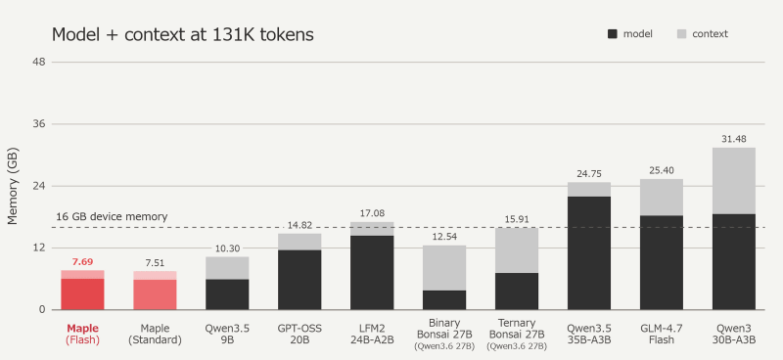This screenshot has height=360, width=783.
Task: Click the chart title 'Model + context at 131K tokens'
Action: tap(183, 34)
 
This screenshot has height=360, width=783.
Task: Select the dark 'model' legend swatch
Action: tap(613, 34)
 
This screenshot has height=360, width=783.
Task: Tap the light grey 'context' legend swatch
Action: tap(681, 34)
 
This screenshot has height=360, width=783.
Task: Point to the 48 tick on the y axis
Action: tap(39, 62)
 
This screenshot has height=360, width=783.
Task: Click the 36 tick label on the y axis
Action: tap(39, 124)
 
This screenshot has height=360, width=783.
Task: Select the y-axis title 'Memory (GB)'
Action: tap(13, 186)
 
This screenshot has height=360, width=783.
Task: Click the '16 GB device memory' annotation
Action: tap(112, 217)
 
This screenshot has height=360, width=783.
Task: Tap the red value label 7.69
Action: tap(82, 261)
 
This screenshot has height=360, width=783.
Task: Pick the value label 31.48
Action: tap(733, 139)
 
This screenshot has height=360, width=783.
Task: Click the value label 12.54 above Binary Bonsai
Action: tap(444, 236)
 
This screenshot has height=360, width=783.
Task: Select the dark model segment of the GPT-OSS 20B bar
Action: tap(299, 280)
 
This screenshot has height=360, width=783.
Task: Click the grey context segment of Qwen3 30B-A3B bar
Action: tap(733, 181)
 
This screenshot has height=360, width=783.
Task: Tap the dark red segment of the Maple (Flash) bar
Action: tap(82, 294)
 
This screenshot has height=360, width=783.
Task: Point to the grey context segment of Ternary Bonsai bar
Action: tap(517, 250)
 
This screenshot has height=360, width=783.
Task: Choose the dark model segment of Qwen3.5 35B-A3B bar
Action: tap(589, 253)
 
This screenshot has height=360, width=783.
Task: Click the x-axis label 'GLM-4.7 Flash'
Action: tap(662, 334)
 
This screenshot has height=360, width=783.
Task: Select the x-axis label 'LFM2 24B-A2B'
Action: tap(372, 334)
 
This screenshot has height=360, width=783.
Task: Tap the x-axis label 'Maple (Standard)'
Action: tap(155, 334)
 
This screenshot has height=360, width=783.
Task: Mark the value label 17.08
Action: tap(372, 213)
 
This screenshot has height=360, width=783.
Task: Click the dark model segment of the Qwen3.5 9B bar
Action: tap(227, 294)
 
